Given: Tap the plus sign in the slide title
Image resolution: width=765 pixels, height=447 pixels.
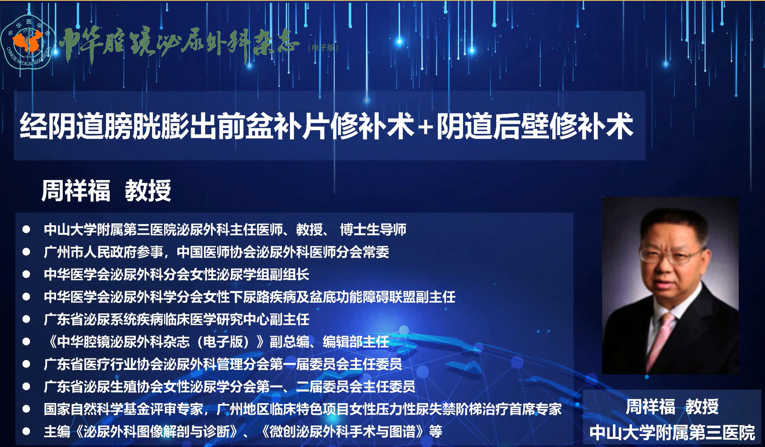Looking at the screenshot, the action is coord(425,127).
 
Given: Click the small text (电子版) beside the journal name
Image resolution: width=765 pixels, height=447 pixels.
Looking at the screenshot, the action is coord(323,48).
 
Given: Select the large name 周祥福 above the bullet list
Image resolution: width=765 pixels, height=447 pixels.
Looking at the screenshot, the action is coord(76,190).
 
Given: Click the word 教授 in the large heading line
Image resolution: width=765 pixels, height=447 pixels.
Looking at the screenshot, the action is coord(148,190).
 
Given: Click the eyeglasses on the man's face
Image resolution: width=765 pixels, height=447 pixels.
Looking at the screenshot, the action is coord(669,254).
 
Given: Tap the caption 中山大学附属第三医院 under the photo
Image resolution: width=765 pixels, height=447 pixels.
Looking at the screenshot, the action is coord(672,433).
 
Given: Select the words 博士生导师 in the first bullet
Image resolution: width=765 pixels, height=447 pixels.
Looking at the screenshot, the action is coord(373,229).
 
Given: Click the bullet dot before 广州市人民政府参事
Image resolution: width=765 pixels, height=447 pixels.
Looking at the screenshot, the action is coord(26,252).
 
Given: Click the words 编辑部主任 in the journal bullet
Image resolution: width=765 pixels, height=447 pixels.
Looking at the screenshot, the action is coord(356,342).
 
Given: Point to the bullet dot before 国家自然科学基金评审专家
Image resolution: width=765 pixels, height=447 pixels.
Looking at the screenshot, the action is coord(26,409).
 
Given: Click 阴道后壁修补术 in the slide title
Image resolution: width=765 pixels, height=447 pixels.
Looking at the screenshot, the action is coord(534,127).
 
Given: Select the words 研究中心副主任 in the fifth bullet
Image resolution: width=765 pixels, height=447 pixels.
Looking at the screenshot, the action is coord(263,320).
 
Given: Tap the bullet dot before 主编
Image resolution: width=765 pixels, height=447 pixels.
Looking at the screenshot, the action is coord(26,431).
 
